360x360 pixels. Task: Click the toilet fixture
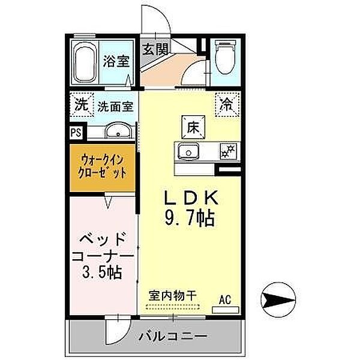pyautogui.click(x=224, y=58)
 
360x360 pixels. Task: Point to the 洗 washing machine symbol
pyautogui.click(x=80, y=104)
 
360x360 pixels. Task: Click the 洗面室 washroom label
pyautogui.click(x=116, y=106)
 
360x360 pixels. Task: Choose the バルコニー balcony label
pyautogui.click(x=175, y=337)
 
